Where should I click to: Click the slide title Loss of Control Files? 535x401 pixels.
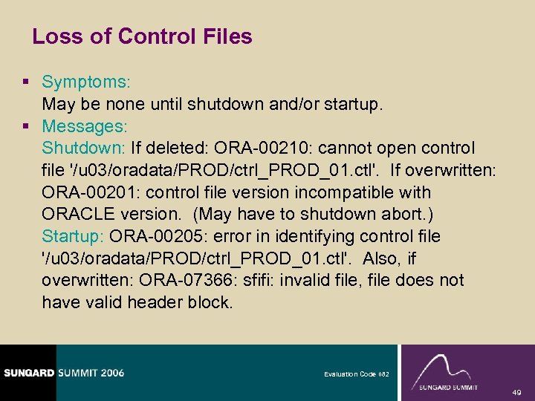(143, 36)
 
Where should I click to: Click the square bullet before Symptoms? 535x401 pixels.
(27, 82)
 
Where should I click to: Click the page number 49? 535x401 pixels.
(516, 392)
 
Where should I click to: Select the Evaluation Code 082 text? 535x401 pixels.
(355, 374)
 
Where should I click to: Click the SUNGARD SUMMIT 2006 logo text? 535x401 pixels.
(64, 372)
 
